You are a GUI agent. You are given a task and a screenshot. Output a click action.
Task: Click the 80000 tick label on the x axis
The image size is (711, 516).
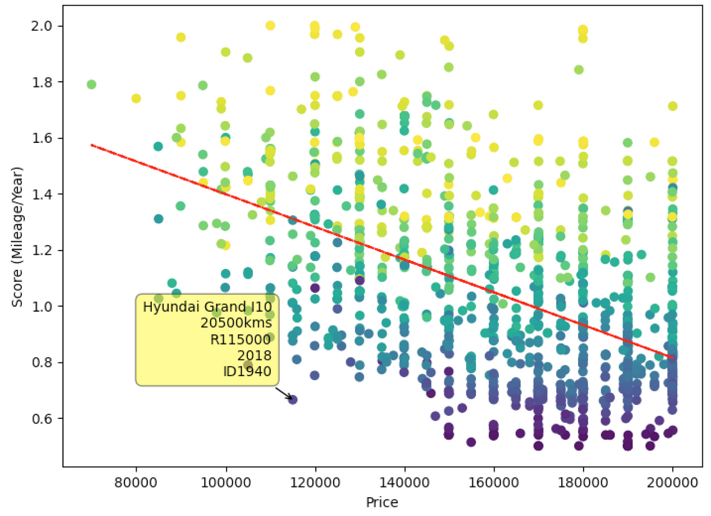(x=136, y=481)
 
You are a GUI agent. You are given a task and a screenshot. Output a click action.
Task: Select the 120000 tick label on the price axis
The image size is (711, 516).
(x=315, y=481)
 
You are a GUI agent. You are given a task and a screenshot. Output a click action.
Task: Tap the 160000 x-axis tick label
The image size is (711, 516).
(x=494, y=481)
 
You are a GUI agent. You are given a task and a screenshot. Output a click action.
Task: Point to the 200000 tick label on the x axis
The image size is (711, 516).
(x=672, y=481)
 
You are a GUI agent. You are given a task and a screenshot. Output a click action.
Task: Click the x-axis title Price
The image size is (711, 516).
(x=382, y=502)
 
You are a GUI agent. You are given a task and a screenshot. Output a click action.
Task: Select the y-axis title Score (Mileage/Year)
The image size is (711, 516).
(x=17, y=237)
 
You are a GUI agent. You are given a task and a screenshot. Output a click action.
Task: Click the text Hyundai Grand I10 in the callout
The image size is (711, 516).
(x=207, y=307)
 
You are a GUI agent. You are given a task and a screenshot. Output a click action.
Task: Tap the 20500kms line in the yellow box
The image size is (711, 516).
(x=236, y=323)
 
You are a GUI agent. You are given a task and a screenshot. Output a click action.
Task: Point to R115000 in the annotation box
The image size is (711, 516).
(x=240, y=340)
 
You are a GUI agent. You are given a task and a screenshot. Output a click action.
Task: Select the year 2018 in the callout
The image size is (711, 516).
(x=254, y=355)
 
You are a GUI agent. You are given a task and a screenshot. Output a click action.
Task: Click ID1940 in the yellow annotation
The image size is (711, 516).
(x=247, y=372)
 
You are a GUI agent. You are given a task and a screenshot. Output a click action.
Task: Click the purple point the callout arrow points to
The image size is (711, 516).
(x=293, y=400)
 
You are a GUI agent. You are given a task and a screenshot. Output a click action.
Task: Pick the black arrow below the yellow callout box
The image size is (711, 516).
(x=283, y=393)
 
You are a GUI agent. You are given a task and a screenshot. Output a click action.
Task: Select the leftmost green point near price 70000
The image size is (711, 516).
(x=91, y=84)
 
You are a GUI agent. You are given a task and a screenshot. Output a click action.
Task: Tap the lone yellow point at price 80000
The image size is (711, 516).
(x=136, y=98)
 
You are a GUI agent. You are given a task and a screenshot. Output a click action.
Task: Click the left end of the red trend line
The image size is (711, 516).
(x=92, y=145)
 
